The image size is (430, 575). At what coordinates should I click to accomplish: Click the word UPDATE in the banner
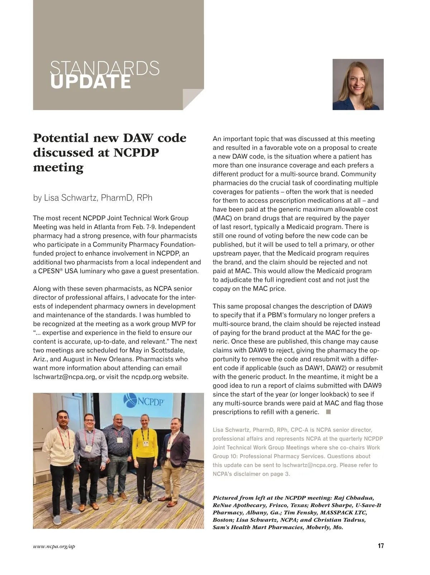91,82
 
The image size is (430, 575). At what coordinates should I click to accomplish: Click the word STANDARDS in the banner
105,68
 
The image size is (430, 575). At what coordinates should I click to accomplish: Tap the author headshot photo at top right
358,84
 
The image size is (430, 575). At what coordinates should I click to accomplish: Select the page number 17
381,546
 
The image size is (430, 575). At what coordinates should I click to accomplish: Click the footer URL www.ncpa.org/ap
54,546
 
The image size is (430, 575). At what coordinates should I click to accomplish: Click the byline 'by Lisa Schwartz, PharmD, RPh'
92,198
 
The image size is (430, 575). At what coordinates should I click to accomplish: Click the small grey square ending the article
328,412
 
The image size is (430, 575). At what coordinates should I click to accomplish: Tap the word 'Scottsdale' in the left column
167,350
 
